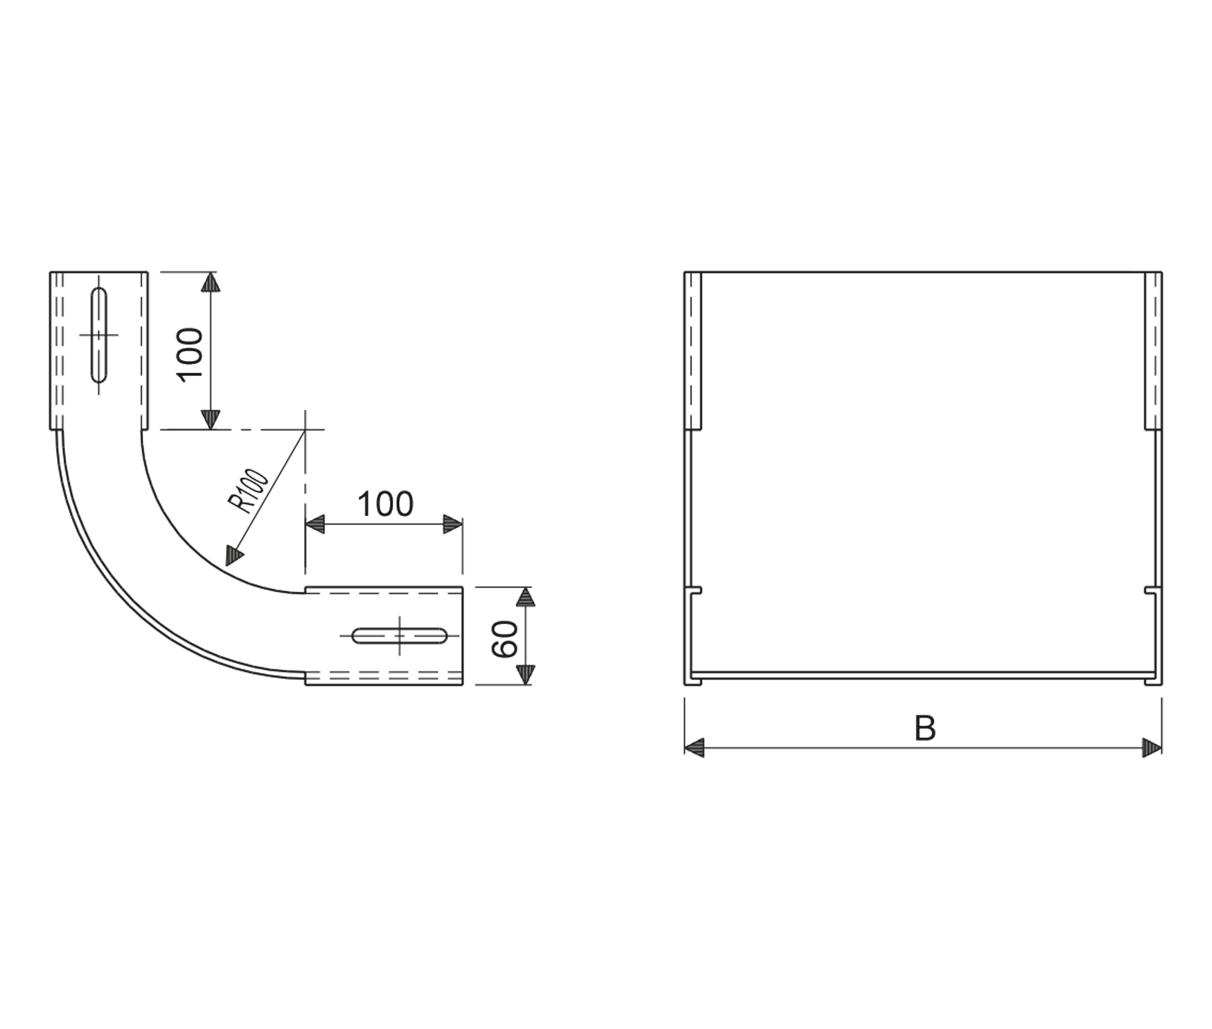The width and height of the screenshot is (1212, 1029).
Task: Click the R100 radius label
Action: point(248,491)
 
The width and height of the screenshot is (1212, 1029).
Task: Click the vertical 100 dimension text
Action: point(190,355)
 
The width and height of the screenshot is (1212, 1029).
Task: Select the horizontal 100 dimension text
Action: point(385,504)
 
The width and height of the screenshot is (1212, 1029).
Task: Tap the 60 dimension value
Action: point(504,639)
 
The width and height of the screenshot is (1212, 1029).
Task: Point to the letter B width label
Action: point(925,728)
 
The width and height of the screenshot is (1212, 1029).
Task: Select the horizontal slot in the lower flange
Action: point(400,636)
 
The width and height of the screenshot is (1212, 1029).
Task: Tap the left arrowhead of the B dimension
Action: point(694,748)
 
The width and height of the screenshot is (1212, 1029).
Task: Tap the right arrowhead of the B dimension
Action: point(1152,748)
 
